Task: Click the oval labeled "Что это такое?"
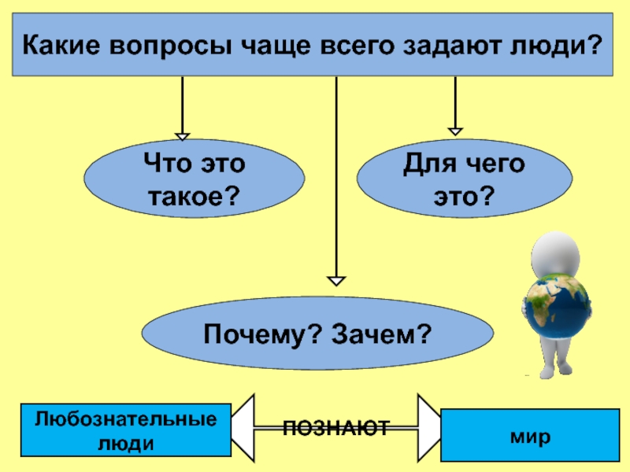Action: (194, 179)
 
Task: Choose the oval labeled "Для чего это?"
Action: (465, 179)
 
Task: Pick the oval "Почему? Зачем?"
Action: (317, 335)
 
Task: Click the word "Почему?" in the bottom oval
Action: (251, 335)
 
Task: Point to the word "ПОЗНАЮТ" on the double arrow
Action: (336, 428)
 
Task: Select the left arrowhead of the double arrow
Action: (244, 428)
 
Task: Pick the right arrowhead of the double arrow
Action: (429, 428)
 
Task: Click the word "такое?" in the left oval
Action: (194, 194)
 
